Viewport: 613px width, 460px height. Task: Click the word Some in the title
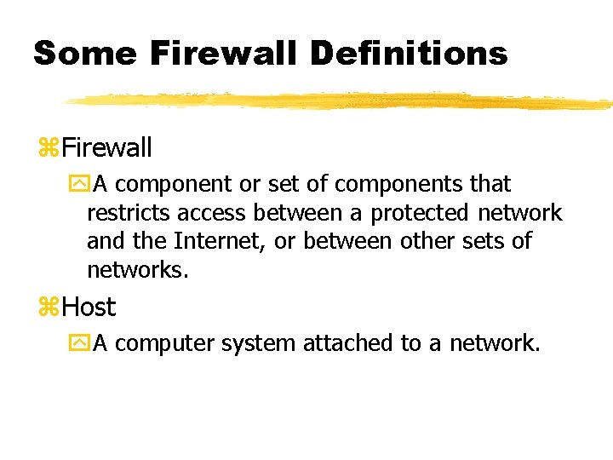tap(84, 54)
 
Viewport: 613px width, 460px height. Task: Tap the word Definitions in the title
tap(409, 54)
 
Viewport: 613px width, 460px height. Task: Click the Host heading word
tap(89, 307)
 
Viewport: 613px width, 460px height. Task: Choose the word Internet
tap(222, 242)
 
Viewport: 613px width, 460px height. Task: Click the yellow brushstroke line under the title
tap(341, 101)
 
